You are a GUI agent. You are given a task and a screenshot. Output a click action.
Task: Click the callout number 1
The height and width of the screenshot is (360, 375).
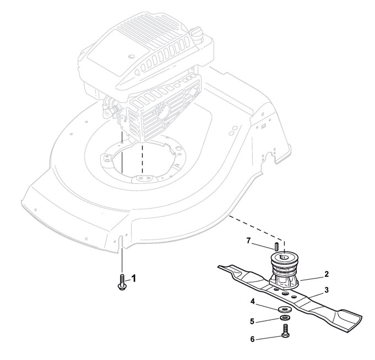click(133, 278)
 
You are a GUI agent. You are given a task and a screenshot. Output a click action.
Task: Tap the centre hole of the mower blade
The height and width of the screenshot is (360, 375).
click(286, 293)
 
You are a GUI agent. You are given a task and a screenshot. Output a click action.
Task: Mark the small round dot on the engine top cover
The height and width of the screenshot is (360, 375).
click(131, 57)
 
